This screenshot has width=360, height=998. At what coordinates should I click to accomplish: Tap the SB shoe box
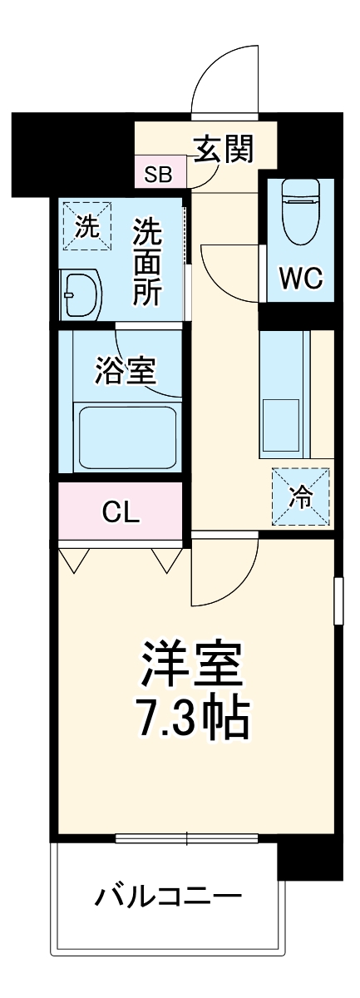[x=158, y=175]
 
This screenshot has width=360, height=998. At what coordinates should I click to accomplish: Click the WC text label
[x=300, y=279]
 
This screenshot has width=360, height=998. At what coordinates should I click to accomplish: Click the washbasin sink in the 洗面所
[x=81, y=294]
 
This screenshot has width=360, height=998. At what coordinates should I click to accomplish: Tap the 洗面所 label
[x=147, y=261]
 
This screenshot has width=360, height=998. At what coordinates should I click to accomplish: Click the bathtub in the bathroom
[x=126, y=438]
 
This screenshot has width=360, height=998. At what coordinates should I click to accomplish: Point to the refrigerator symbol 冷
[x=300, y=497]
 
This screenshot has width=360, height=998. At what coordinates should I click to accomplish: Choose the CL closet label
[x=121, y=511]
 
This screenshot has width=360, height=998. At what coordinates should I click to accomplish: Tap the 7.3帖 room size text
[x=192, y=717]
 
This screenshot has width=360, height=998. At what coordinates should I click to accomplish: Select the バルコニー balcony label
[x=169, y=897]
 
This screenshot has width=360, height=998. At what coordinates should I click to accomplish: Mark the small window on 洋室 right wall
[x=338, y=600]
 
